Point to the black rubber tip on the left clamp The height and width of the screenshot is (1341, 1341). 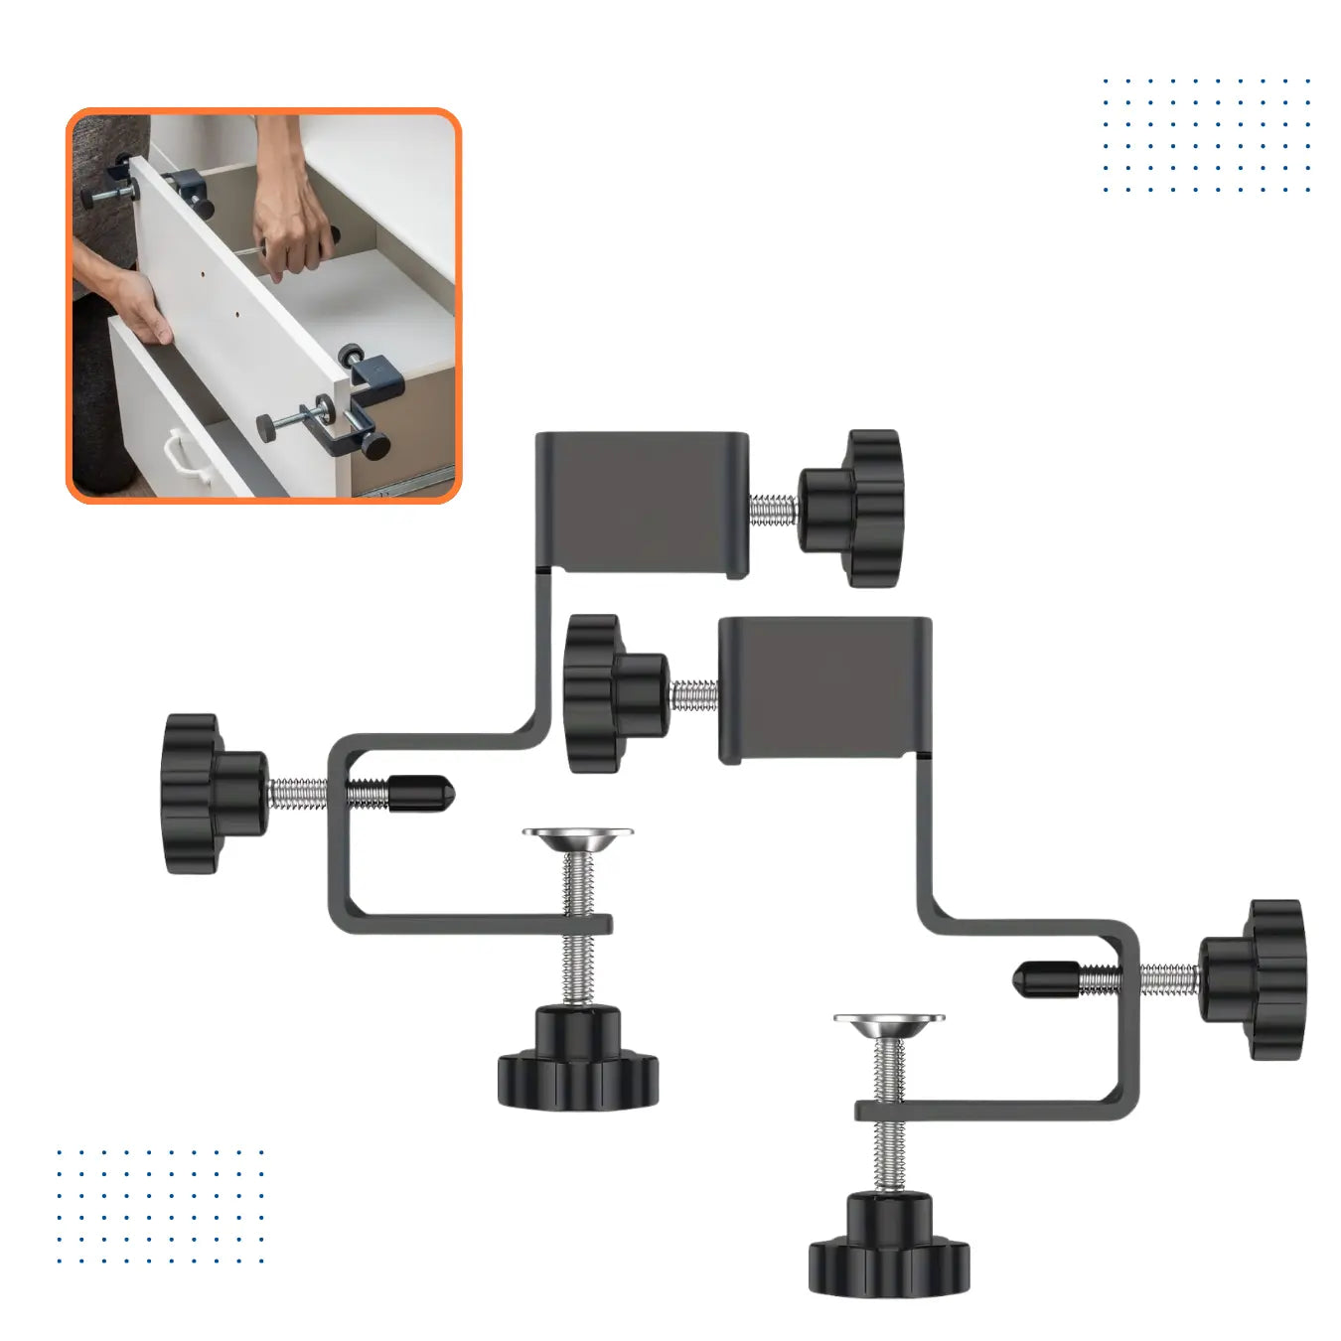coord(421,793)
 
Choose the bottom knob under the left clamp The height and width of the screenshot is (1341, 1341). coord(578,1061)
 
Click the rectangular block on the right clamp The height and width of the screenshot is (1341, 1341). coord(823,689)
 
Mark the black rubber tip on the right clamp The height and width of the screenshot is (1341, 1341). coord(1045,978)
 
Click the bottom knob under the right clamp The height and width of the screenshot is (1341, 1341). coord(889,1246)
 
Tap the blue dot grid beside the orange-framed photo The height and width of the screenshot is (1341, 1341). coord(1206,135)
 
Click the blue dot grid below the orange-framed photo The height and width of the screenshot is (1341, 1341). coord(160,1207)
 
